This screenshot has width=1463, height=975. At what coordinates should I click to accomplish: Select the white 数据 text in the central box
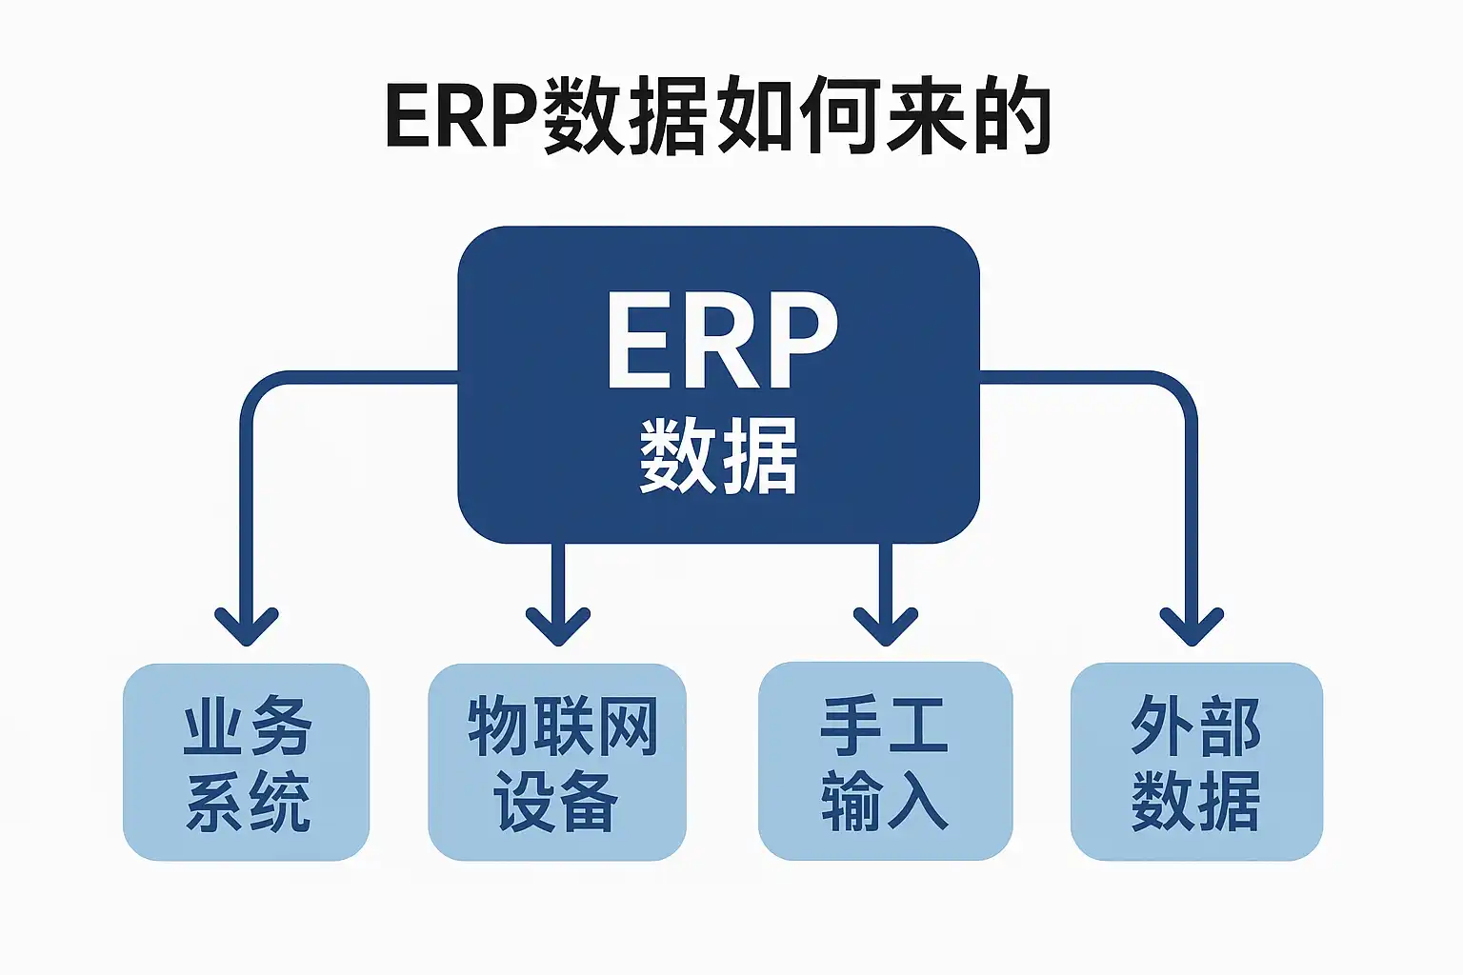coord(718,456)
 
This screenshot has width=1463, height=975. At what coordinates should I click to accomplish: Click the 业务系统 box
coord(246,762)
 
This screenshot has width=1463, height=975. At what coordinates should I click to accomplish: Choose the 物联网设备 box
coord(557,762)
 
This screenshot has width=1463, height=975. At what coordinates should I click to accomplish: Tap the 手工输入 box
coord(885,762)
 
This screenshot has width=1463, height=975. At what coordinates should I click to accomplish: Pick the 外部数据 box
coord(1196,762)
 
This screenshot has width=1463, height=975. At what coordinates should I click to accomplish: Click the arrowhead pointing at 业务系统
coord(247,627)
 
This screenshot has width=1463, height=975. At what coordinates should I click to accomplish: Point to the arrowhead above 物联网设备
coord(558,627)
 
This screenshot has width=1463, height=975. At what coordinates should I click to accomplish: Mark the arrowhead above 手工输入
coord(886,627)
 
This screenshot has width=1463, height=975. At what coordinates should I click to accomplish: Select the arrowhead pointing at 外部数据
coord(1192,627)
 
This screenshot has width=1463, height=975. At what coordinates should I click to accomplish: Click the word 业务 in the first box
coord(248,726)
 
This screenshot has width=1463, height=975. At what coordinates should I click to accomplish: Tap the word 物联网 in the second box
coord(562,726)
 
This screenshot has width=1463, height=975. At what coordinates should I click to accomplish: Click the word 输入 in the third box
coord(884,801)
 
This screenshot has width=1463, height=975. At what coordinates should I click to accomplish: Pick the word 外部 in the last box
coord(1195,726)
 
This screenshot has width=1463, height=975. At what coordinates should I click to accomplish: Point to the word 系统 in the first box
coord(248,802)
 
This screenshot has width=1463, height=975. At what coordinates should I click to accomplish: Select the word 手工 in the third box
coord(884,726)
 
